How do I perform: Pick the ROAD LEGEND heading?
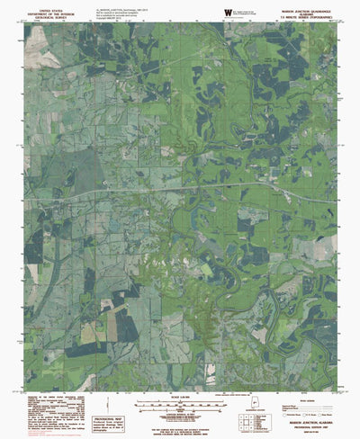coord(314,370)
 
